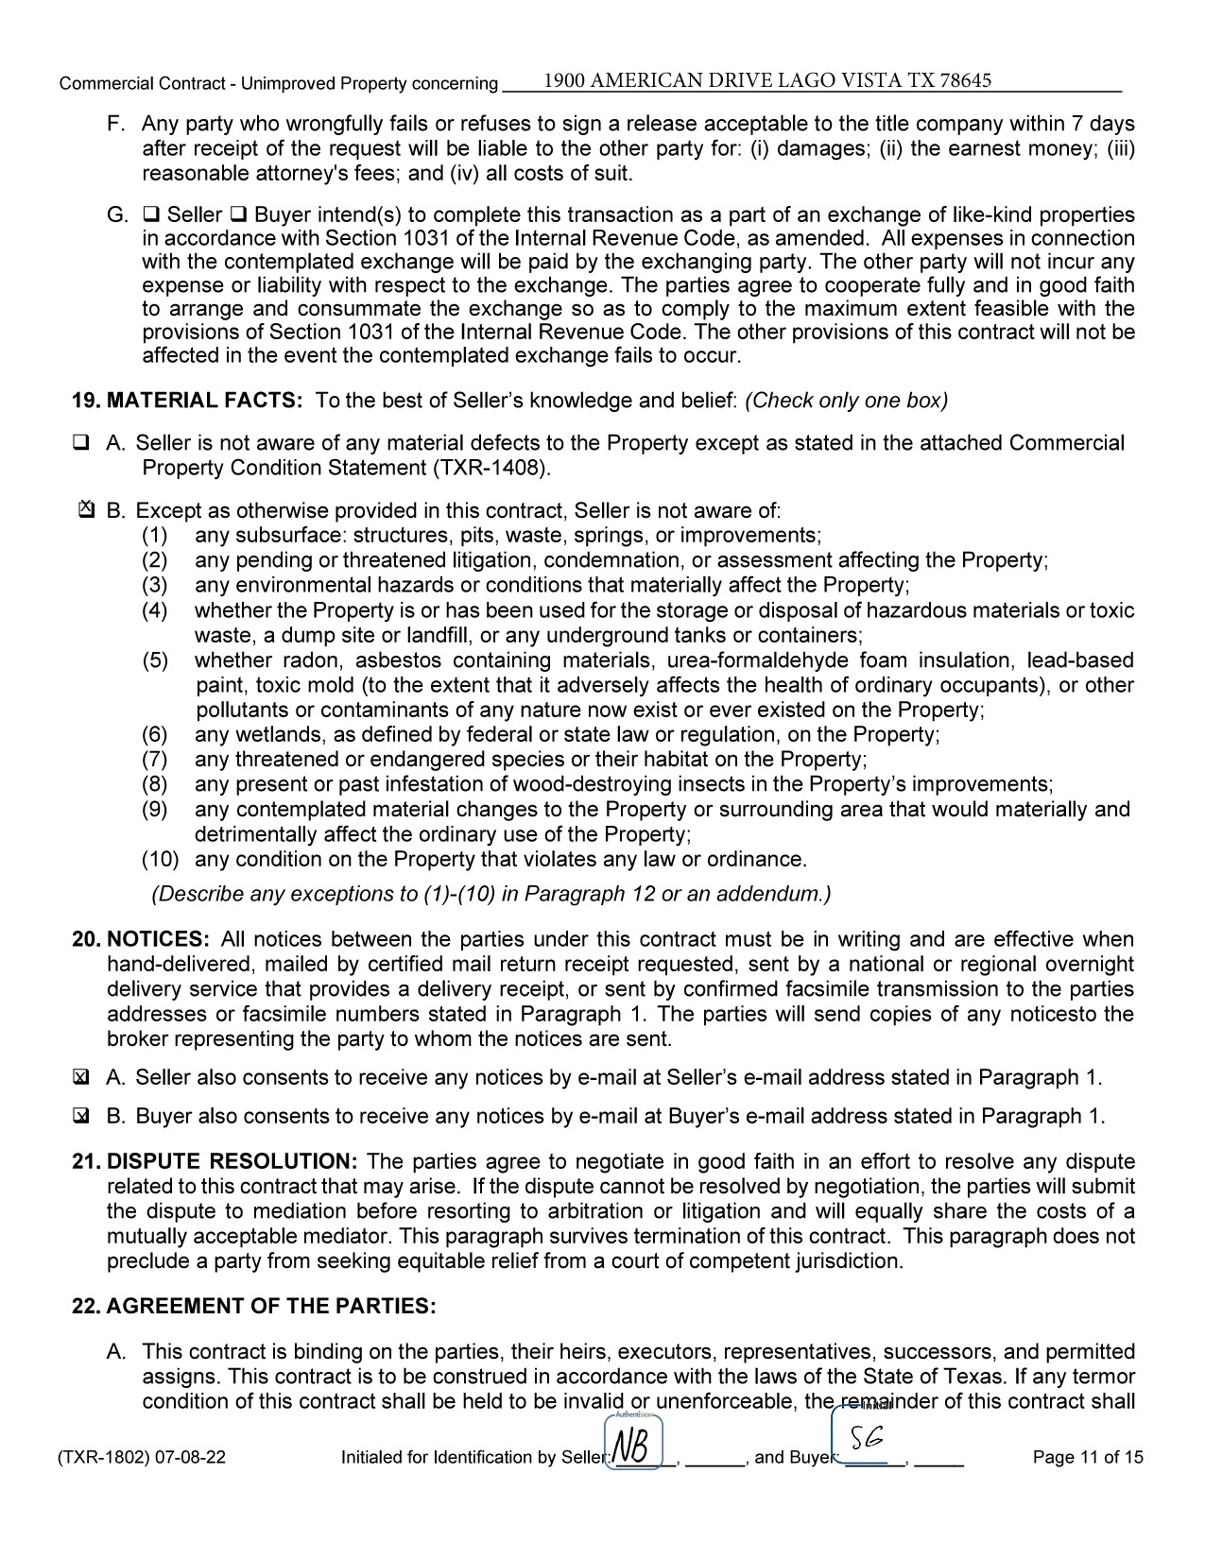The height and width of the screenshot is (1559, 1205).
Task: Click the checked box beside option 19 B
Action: [x=85, y=511]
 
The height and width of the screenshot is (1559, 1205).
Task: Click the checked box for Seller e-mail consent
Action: [x=81, y=1078]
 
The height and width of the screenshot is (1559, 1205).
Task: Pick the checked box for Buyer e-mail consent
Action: [x=81, y=1117]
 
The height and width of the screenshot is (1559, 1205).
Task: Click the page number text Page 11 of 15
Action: [x=1088, y=1457]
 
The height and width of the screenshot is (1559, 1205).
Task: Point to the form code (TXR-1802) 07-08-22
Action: [x=143, y=1457]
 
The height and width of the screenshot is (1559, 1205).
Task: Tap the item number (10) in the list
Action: [x=160, y=860]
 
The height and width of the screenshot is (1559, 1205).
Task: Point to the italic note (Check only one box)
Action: [x=846, y=401]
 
